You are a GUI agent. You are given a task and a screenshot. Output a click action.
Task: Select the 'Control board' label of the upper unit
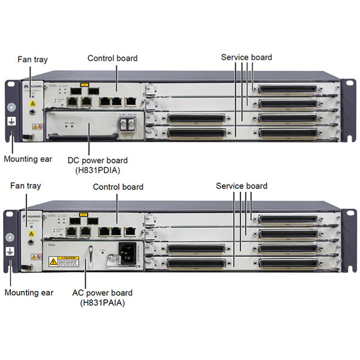click(112, 58)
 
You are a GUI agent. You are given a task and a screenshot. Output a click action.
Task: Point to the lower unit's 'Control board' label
click(118, 187)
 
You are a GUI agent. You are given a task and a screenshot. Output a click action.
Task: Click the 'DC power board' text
click(99, 161)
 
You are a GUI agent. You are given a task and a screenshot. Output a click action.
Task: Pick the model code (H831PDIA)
click(99, 170)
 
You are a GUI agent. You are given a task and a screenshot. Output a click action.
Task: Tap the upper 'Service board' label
click(246, 58)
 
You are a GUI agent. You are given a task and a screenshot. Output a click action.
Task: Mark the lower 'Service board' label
click(241, 187)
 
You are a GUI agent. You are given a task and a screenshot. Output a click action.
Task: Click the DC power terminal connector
click(128, 123)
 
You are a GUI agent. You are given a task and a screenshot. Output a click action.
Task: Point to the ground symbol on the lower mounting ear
click(10, 253)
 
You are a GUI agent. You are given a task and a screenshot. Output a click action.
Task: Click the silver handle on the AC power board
click(91, 255)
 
